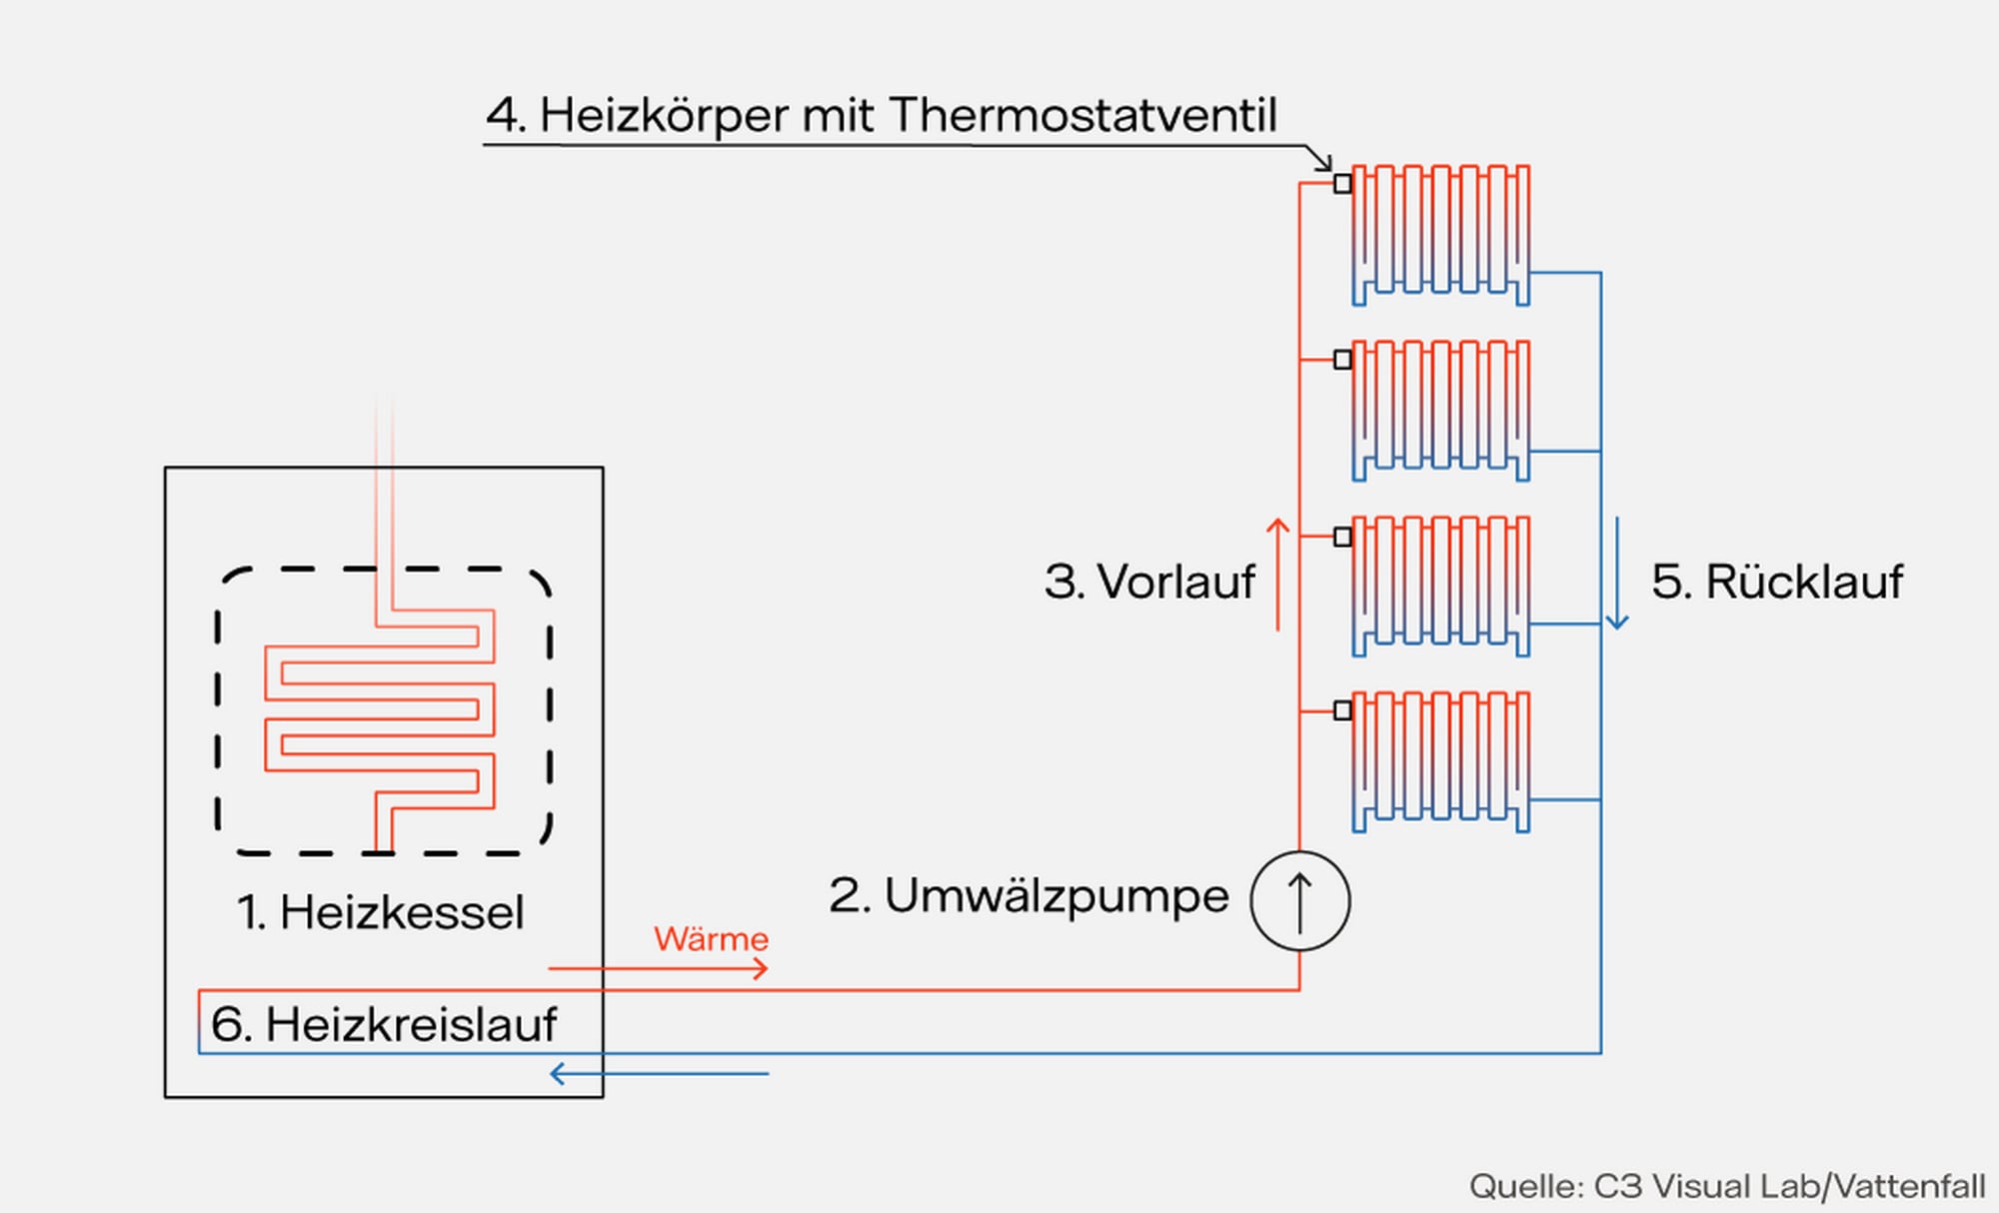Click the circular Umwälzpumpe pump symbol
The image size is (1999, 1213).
[1299, 900]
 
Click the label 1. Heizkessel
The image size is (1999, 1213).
[380, 912]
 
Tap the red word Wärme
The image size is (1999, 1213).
[711, 939]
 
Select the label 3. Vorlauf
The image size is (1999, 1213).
[1148, 582]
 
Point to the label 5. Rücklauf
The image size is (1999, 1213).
[1777, 582]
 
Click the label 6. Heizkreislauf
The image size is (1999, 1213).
[384, 1024]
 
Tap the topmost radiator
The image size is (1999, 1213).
[1440, 234]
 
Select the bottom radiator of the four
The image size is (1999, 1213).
[1440, 761]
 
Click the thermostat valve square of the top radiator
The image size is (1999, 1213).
[1342, 184]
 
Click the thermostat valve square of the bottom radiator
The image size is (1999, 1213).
[1342, 710]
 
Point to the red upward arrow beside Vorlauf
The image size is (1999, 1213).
[1277, 574]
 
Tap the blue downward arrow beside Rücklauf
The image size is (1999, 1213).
[1617, 574]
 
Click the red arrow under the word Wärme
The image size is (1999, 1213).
[658, 968]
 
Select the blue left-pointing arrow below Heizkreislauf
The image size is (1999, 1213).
[660, 1074]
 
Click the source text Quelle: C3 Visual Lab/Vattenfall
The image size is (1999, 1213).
[1726, 1186]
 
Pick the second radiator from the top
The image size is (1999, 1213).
[1440, 410]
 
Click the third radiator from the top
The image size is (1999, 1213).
[1440, 586]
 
